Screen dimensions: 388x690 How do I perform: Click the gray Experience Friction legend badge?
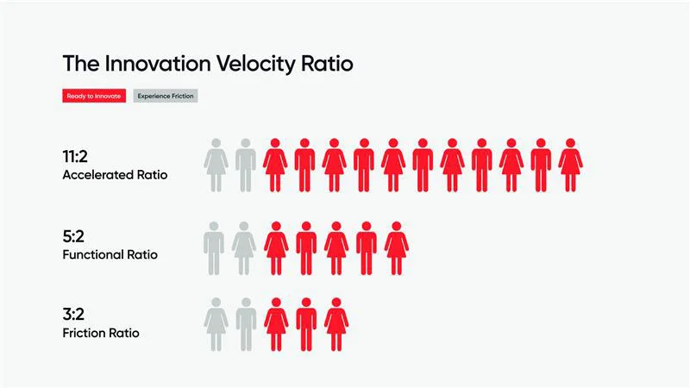tap(166, 96)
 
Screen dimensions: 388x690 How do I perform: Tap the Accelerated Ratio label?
tap(115, 175)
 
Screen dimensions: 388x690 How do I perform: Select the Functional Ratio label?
tap(110, 255)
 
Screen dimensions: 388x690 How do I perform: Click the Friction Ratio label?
tap(100, 333)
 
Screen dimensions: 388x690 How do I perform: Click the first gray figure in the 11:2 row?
tap(216, 165)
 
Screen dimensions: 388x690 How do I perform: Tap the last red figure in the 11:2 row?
tap(570, 165)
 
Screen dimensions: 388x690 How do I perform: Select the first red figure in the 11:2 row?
tap(274, 165)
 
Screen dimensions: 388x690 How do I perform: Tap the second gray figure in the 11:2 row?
tap(246, 165)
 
